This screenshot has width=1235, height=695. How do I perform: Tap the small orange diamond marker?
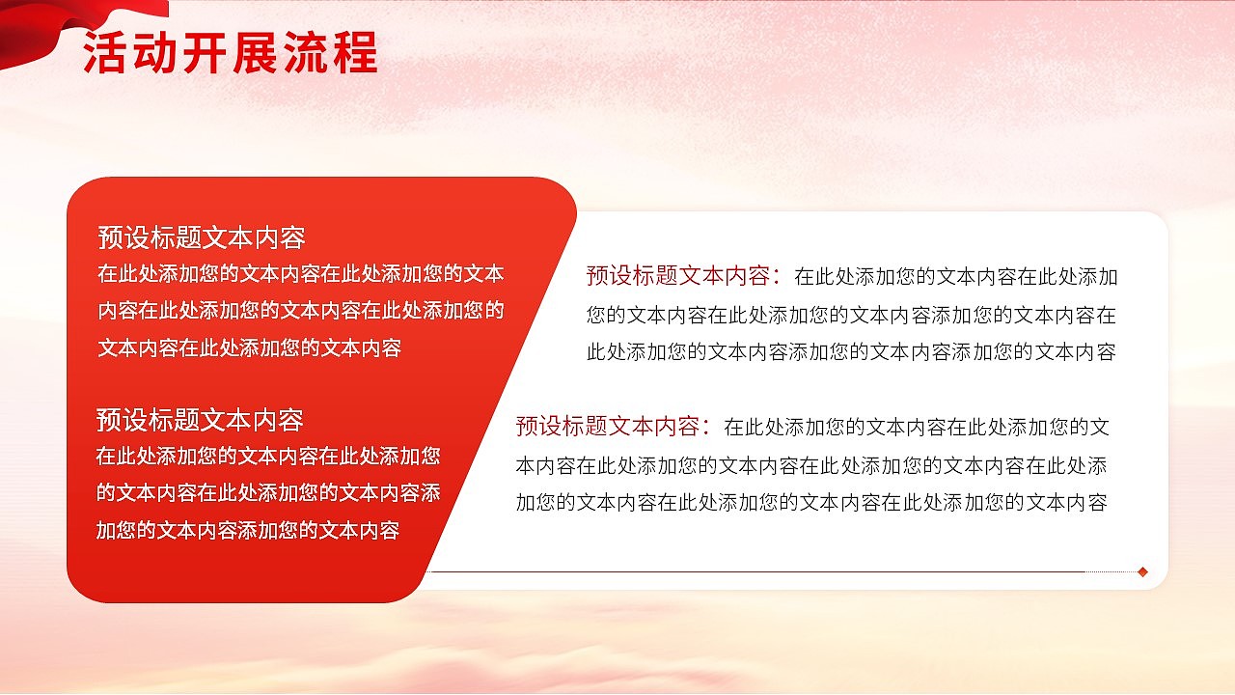click(1142, 571)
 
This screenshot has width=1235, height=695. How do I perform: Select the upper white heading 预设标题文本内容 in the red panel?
click(202, 237)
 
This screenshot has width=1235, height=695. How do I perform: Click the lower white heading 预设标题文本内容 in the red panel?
click(200, 420)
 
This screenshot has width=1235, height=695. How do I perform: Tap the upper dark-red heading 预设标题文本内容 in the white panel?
click(679, 276)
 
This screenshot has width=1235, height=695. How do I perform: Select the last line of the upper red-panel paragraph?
click(249, 348)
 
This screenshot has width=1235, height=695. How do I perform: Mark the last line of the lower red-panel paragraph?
click(247, 530)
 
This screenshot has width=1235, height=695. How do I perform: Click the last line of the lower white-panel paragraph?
click(810, 502)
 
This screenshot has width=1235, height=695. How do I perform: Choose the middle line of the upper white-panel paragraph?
click(851, 315)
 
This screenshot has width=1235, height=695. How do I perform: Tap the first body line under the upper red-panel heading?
click(301, 274)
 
